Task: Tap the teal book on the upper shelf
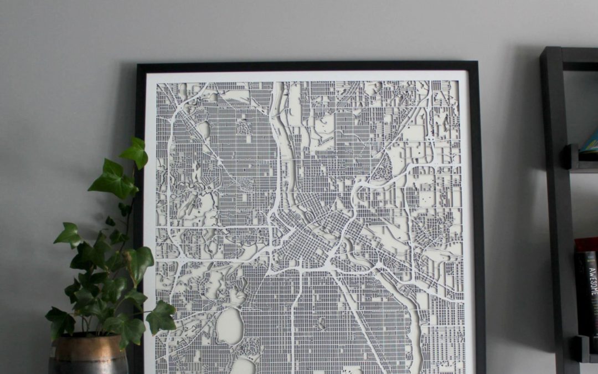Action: (590, 142)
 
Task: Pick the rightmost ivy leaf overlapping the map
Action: (161, 317)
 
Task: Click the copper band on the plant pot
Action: (87, 345)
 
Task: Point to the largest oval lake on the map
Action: (229, 326)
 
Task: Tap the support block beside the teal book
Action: (570, 157)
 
